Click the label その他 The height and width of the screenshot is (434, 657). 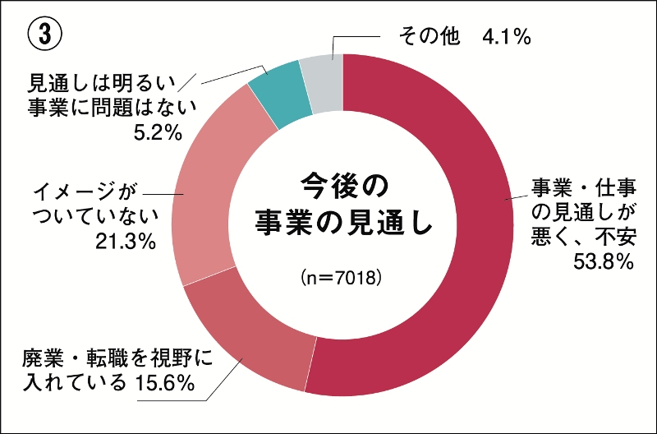[433, 36]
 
